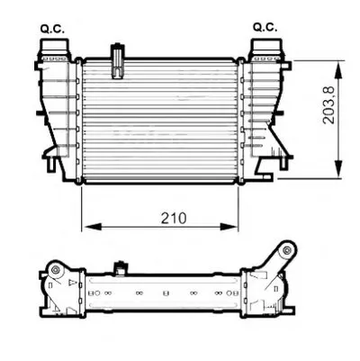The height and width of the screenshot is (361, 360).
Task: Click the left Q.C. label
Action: (52, 29)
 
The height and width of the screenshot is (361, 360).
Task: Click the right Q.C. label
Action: (265, 27)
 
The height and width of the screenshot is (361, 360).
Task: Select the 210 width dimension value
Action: (174, 218)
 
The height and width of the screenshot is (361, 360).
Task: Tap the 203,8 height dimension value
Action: (328, 104)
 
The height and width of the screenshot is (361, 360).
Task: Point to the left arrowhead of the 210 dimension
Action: (93, 227)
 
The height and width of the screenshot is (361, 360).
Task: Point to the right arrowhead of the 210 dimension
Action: (229, 227)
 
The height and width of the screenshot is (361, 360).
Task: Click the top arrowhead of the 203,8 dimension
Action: (338, 71)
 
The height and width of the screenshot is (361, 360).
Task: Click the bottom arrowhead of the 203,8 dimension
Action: (338, 169)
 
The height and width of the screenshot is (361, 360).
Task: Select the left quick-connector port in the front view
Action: (55, 50)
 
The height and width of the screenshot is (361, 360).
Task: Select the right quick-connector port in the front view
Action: (266, 50)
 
